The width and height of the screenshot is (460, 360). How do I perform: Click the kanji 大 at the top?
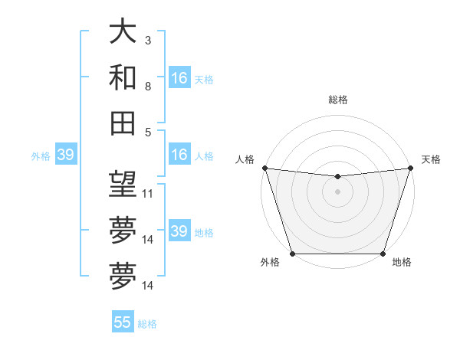point(123,31)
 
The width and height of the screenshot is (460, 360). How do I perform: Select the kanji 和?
point(123,77)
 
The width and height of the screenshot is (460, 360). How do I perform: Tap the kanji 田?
point(123,123)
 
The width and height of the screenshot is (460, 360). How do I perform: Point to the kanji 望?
point(123,184)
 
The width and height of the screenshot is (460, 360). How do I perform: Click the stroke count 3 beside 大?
point(148,40)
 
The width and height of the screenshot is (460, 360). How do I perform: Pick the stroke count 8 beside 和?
point(148,87)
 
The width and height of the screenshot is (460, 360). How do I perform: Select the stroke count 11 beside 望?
point(148,194)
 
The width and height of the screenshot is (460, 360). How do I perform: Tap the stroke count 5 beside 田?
point(148,133)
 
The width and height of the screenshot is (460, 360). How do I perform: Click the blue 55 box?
point(123,322)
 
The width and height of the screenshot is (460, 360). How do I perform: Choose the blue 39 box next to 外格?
point(65,155)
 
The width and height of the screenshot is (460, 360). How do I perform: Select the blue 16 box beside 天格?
point(179,77)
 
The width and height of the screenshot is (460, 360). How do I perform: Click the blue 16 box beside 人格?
point(179,155)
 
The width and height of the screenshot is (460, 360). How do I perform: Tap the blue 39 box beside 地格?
point(179,231)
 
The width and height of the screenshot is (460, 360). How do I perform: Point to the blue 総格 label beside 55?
point(147,324)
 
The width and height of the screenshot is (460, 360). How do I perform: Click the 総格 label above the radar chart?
point(337,100)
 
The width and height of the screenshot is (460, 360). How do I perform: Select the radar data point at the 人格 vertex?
point(264,168)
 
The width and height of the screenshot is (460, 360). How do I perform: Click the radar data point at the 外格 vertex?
point(292,254)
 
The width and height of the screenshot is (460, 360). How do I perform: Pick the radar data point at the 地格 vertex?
point(383,254)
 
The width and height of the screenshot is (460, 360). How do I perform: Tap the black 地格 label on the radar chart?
point(402,263)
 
